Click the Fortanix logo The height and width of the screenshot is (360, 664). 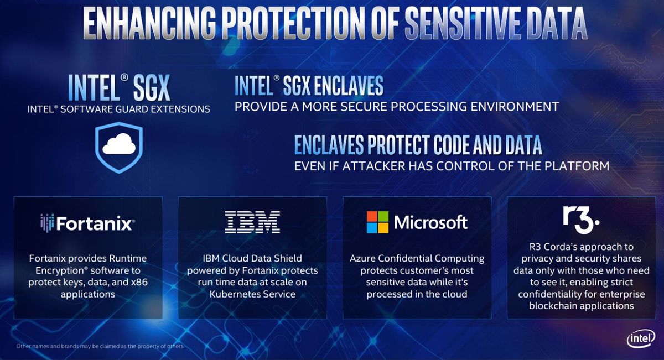coord(88,223)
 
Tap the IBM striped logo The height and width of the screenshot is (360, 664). coord(252,222)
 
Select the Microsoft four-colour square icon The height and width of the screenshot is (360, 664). coord(377,222)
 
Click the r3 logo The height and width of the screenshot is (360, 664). coord(581,220)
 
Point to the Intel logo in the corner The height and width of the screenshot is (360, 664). coord(641,338)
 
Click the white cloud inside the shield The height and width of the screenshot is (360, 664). coord(119,144)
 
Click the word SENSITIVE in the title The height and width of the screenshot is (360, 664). coord(463,23)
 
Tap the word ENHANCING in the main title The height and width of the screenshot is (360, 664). coord(149,23)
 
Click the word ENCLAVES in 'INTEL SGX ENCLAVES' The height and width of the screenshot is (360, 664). coord(349,86)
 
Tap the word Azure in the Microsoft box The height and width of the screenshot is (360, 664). coord(362,258)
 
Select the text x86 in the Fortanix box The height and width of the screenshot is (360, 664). coord(139,282)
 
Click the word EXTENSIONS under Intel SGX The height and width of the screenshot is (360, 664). coord(180,109)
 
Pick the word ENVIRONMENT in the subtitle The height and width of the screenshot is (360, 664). coord(515,107)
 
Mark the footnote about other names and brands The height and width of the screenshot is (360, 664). coord(100,346)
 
